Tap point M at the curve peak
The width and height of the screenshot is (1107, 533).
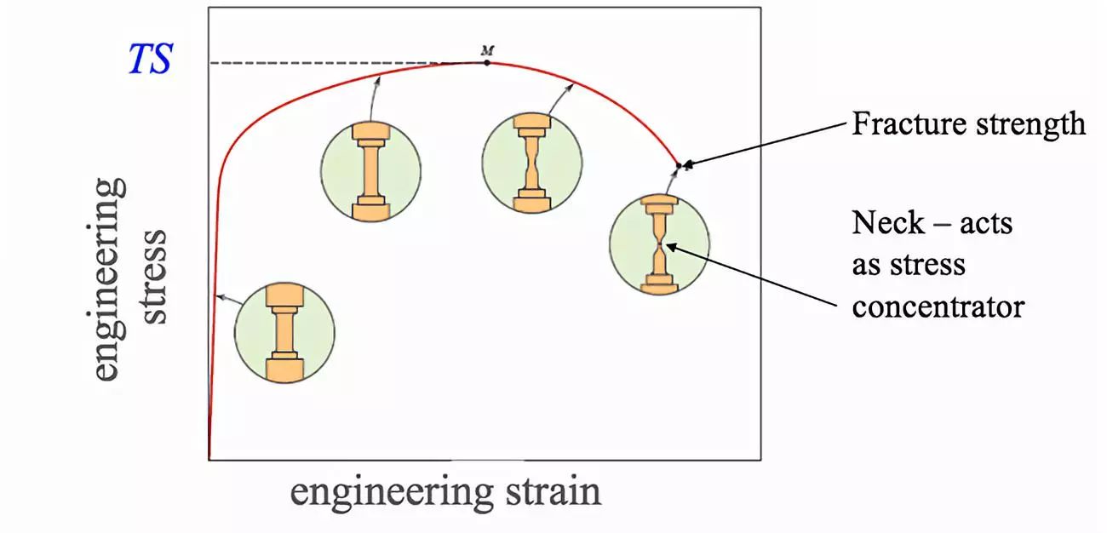(486, 62)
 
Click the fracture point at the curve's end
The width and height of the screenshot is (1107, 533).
(679, 164)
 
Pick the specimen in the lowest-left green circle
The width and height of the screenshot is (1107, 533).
(284, 332)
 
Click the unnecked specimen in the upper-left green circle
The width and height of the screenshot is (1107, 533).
(371, 169)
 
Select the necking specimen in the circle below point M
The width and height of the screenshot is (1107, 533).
(532, 162)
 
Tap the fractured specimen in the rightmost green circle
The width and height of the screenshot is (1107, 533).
(659, 245)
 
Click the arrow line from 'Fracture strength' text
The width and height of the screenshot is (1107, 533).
(766, 145)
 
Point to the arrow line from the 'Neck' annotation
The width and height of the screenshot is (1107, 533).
(749, 276)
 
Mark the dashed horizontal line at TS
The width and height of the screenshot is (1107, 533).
(341, 63)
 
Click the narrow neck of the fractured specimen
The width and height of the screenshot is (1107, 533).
(660, 247)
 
